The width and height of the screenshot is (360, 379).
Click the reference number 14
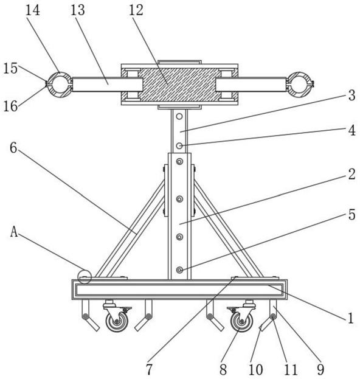point(33,10)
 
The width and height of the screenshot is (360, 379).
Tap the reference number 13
point(78,10)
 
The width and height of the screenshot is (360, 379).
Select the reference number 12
point(136,10)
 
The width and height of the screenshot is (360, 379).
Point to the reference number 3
point(351,96)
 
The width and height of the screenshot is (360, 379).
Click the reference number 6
point(13,148)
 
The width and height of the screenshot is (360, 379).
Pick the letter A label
point(14,232)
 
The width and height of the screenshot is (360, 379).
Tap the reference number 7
point(150,369)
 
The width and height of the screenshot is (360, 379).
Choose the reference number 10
point(255,369)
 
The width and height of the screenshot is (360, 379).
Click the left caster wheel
point(117,321)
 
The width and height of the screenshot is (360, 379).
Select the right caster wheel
point(241,321)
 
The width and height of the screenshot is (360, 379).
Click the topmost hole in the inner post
point(179,117)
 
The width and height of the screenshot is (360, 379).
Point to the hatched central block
point(179,85)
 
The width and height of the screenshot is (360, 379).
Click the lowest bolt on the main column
point(179,269)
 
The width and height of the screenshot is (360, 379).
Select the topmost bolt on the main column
point(179,161)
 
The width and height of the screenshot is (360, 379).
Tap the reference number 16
point(10,106)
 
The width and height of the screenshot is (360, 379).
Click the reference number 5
point(351,215)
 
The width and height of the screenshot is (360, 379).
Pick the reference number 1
point(351,318)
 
